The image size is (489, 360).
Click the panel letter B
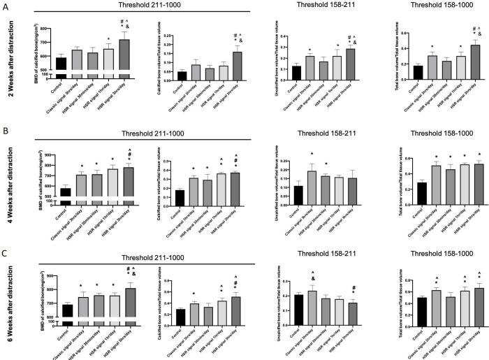(x=6, y=130)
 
